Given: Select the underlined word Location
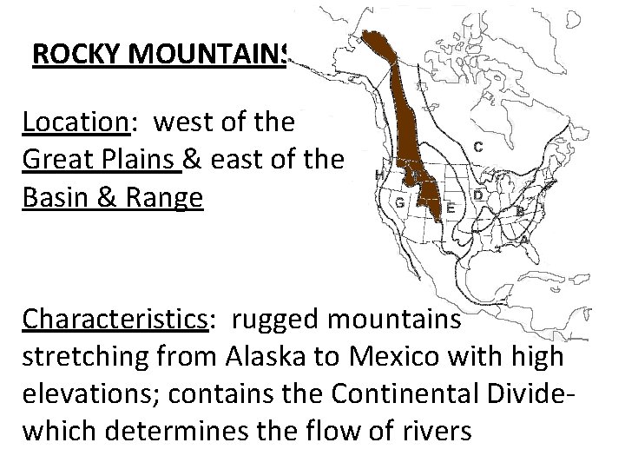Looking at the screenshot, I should (76, 122).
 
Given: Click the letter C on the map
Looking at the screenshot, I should (478, 146).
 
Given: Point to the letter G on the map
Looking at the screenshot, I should (398, 201).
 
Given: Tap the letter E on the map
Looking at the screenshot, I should (451, 208).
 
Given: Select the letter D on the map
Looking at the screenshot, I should (478, 196).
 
